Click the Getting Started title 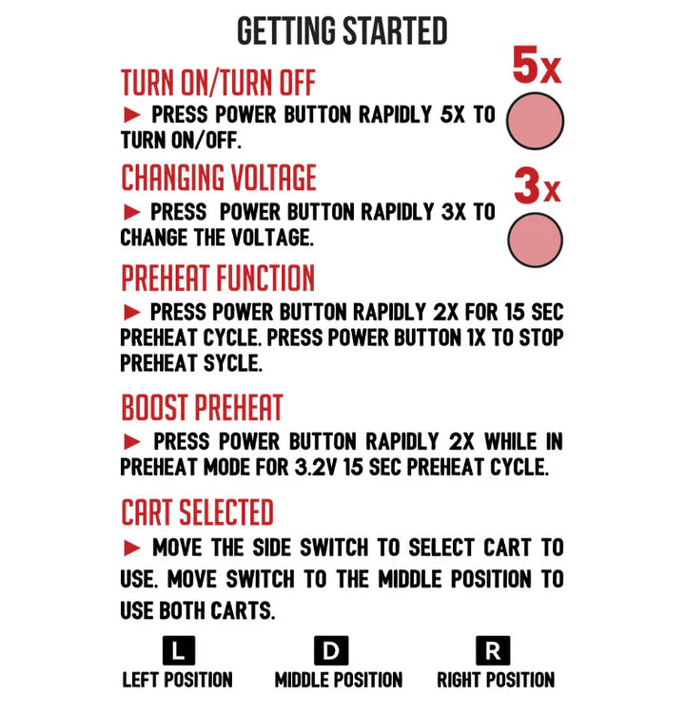(x=342, y=31)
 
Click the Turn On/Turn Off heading (x=218, y=84)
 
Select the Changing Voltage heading (x=218, y=178)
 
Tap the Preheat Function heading (x=217, y=279)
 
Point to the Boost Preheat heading (x=202, y=408)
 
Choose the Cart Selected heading (x=197, y=512)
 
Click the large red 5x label (x=537, y=67)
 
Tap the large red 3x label (x=537, y=186)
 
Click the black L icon (x=178, y=651)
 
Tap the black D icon (x=331, y=651)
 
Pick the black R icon (x=493, y=651)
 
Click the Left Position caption (x=178, y=680)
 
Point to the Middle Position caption (x=338, y=680)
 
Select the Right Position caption (x=496, y=680)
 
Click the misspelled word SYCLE (x=231, y=363)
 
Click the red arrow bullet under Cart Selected (x=133, y=548)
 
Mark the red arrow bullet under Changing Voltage (x=133, y=212)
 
